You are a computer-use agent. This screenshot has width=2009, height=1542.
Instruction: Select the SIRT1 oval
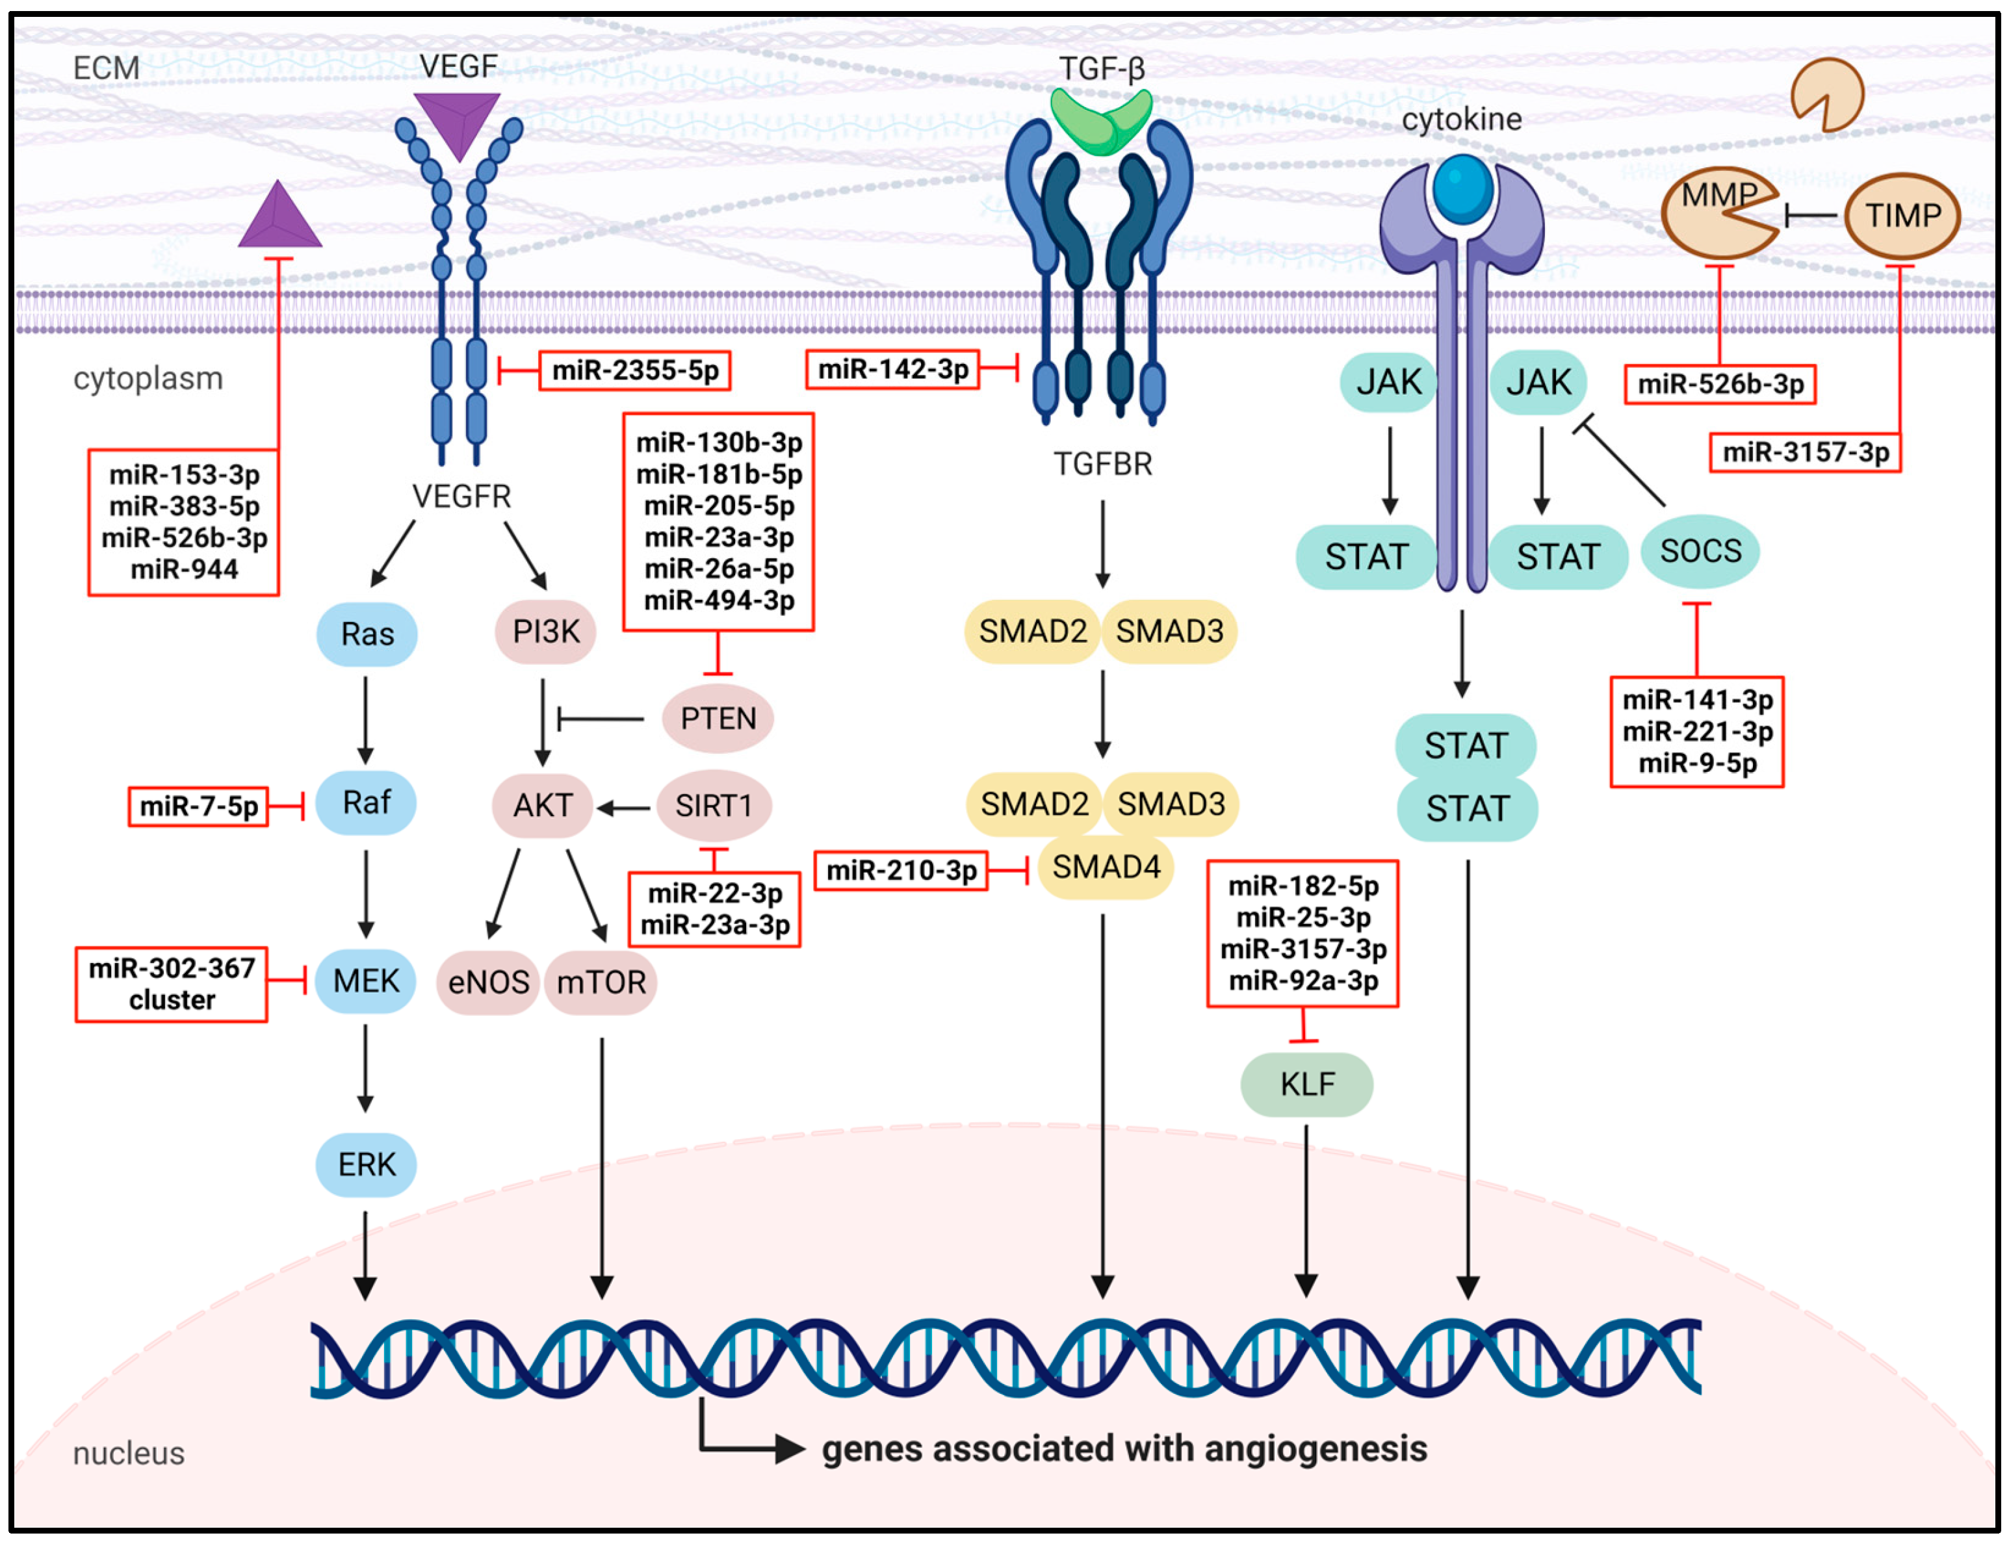click(714, 806)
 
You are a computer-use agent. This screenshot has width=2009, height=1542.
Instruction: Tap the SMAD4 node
click(1106, 866)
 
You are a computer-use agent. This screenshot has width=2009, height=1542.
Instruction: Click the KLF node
click(1306, 1084)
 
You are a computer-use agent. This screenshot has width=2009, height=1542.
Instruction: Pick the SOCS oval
click(1700, 551)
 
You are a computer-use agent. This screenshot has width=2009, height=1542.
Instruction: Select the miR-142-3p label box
click(892, 370)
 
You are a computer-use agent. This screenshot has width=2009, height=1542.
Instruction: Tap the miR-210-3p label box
click(901, 870)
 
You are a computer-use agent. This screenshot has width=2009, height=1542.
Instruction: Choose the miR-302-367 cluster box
click(172, 984)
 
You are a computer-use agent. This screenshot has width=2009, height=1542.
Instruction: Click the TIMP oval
click(1902, 216)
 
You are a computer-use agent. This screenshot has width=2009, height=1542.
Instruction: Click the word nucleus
click(129, 1454)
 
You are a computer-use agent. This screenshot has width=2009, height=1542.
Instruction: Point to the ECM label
click(107, 68)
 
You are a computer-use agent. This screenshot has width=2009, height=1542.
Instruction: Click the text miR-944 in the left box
click(184, 569)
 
